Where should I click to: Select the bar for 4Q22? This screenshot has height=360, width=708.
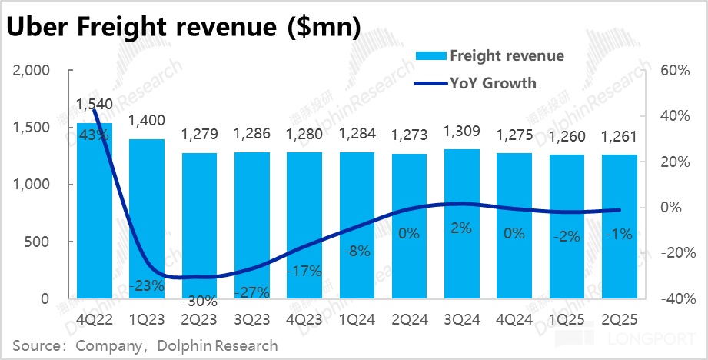tap(95, 215)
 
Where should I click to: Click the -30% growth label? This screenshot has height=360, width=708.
tap(200, 300)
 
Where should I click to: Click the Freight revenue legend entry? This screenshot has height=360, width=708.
tap(507, 55)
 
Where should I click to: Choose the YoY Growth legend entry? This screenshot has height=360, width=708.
tap(493, 82)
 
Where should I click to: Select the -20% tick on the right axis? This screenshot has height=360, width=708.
tap(670, 253)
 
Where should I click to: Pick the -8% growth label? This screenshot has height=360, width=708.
tap(357, 250)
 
